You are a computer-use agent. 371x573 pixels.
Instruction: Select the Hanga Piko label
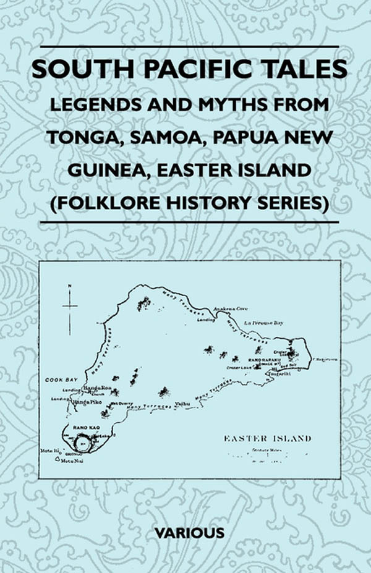(86, 402)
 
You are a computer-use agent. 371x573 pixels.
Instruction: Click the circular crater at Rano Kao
(82, 443)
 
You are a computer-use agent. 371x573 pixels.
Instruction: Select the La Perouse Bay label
(264, 323)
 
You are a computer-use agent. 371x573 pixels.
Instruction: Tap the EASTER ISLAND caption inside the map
(267, 438)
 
